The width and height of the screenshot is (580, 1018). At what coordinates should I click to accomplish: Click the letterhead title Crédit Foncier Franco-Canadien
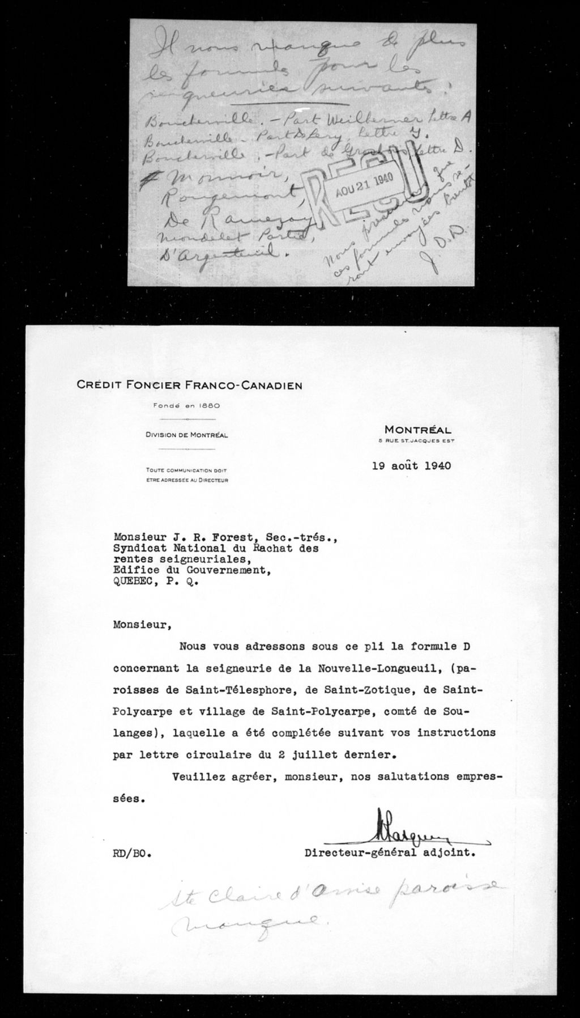click(189, 385)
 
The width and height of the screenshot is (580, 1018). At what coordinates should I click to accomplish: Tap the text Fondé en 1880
click(187, 405)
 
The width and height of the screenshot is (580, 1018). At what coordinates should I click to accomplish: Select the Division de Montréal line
click(186, 435)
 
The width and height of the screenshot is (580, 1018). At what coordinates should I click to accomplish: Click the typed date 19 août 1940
click(411, 466)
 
